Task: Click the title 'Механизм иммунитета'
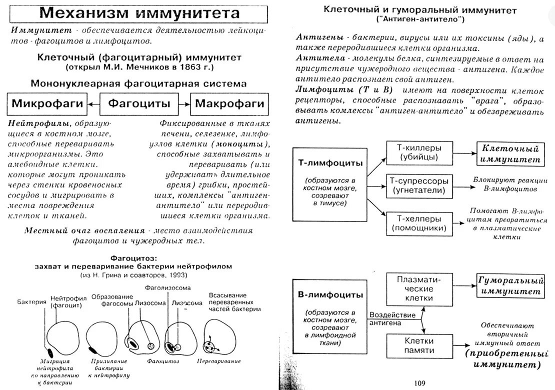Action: coord(139,13)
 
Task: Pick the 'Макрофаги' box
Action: coord(229,104)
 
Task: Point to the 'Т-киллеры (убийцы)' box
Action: coord(419,152)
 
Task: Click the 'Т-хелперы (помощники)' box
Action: coord(419,223)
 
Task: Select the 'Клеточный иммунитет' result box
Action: coord(510,154)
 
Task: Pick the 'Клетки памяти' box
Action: coord(419,345)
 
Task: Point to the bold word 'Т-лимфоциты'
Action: coord(330,163)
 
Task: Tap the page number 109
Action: coord(419,383)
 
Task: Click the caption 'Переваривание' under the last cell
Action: coord(219,360)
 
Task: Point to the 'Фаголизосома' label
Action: coord(165,288)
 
